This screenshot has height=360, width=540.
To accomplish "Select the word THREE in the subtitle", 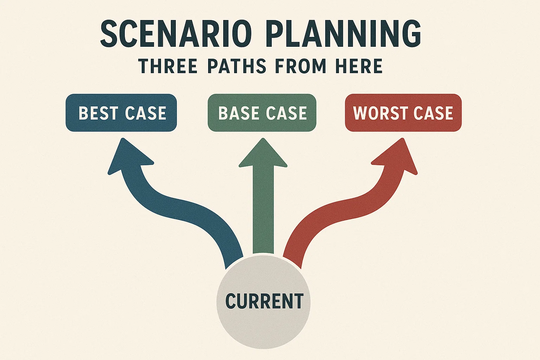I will point(168,66).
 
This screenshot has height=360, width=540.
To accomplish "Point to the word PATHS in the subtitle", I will point(237,66).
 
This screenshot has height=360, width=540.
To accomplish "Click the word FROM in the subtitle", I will point(301,66).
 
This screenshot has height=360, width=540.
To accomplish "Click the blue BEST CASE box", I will point(121,113).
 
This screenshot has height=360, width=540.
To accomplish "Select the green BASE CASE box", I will point(262,113).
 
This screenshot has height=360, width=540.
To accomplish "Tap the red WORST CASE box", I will point(403,113).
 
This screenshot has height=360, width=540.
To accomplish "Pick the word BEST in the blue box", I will point(98,113).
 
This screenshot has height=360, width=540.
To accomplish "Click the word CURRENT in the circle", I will point(264,301).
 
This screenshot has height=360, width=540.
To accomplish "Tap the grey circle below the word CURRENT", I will point(264,330).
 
